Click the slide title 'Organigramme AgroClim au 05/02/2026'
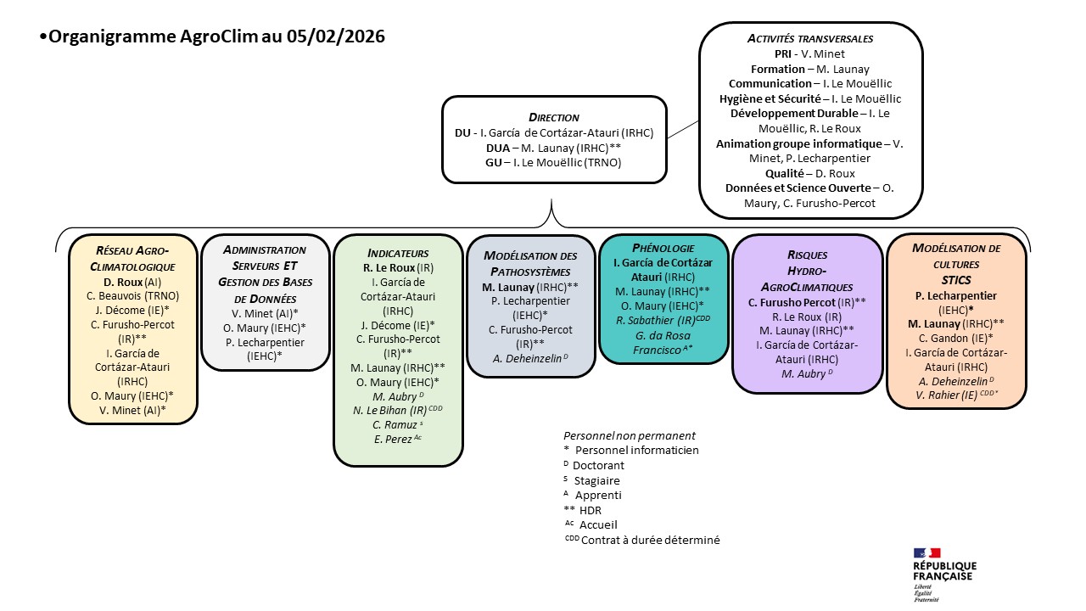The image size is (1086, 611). tap(216, 36)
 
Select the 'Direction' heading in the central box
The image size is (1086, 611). tap(553, 117)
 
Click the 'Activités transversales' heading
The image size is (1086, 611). tap(809, 38)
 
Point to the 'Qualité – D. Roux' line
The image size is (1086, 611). tap(809, 172)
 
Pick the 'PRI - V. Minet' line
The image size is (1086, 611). tap(809, 53)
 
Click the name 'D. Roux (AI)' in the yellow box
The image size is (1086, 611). tap(133, 282)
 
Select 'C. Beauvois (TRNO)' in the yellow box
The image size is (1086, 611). tap(133, 296)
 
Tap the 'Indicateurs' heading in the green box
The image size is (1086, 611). tap(398, 253)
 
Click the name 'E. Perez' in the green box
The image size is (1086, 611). tap(398, 439)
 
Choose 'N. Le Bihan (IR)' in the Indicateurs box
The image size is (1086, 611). tap(398, 410)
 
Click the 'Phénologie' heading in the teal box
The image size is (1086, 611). tap(664, 248)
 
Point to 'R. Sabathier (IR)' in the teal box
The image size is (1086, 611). tap(664, 320)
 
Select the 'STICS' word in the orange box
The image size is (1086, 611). tap(954, 279)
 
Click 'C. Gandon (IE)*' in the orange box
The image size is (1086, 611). tap(954, 338)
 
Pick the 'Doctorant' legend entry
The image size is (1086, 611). tap(598, 466)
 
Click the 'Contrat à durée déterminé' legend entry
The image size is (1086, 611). tap(650, 540)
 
